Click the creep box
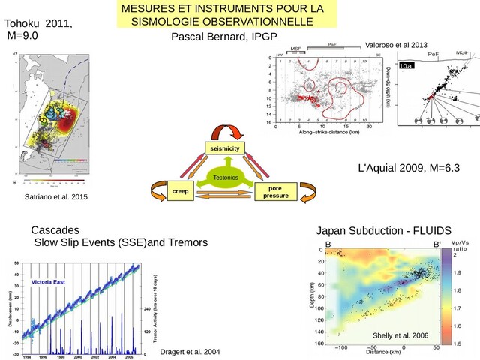179,192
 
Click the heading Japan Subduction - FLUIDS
384,229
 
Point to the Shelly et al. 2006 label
400,334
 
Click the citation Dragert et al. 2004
191,352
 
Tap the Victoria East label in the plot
48,281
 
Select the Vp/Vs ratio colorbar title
460,247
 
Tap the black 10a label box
405,67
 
